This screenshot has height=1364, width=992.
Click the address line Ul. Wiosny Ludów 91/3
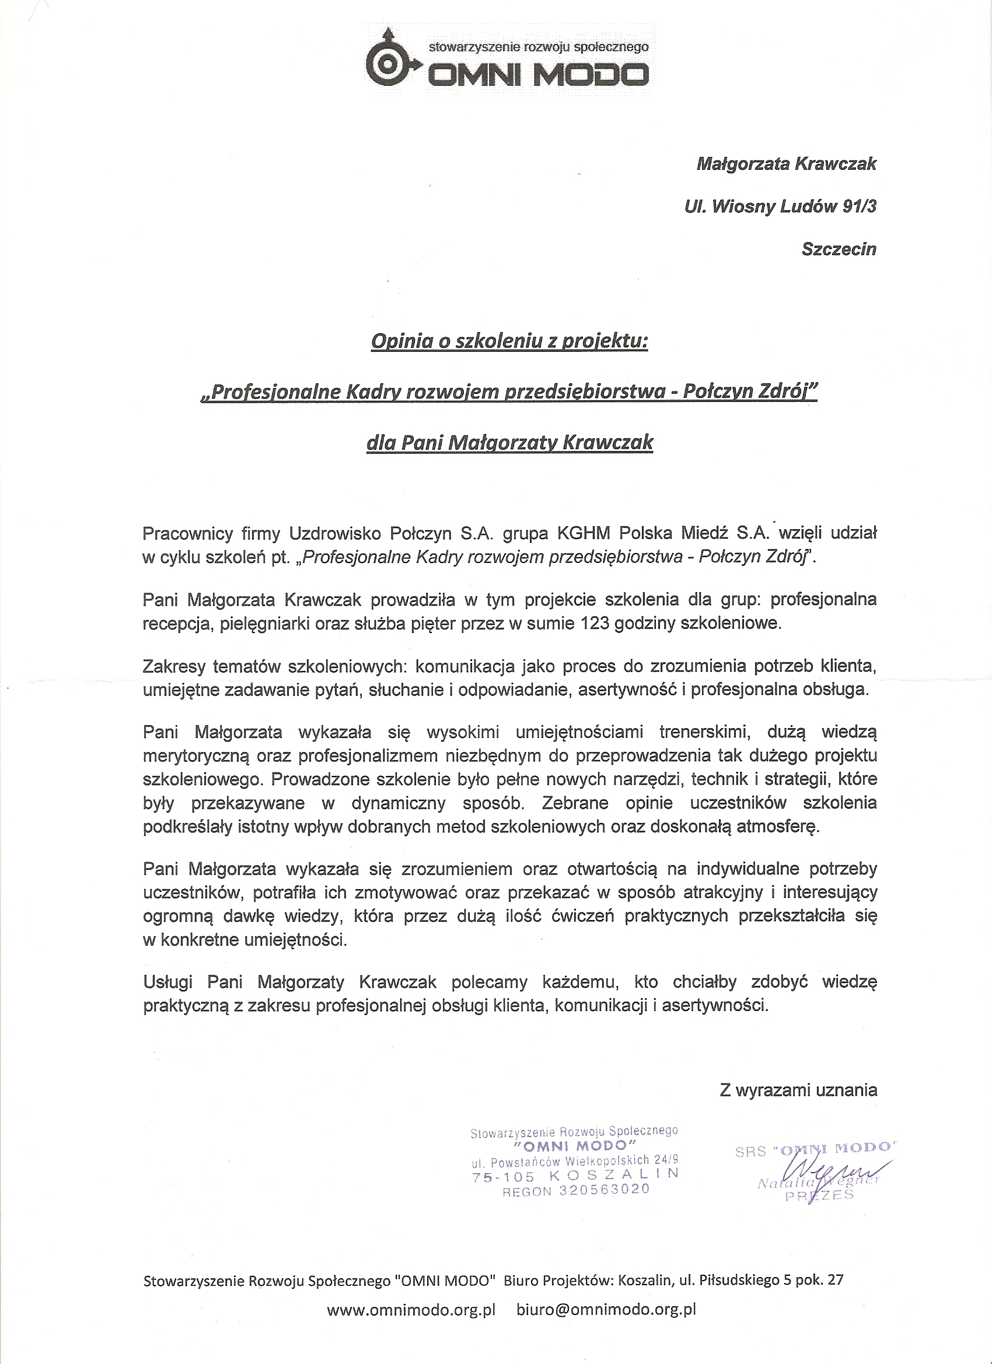780,207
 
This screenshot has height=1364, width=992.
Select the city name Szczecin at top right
839,249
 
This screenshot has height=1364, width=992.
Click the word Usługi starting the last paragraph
168,982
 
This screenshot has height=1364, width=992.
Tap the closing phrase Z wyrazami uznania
798,1090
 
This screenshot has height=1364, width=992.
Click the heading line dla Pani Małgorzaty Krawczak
509,443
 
